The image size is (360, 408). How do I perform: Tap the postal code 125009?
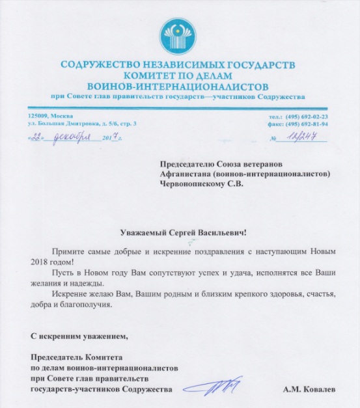[33, 116]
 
